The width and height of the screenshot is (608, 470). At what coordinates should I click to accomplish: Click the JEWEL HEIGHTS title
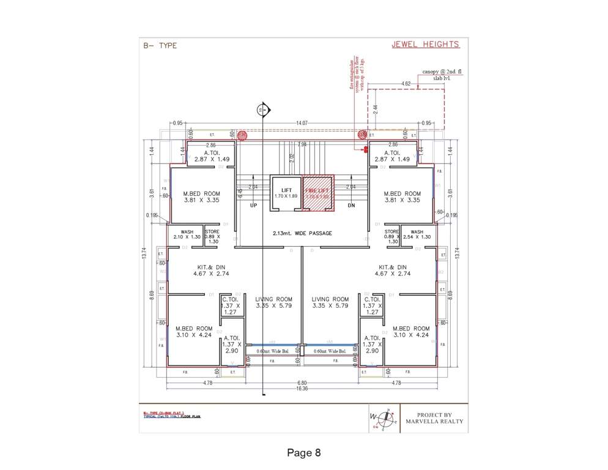coord(425,45)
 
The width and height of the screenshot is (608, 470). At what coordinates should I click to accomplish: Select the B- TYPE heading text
coord(160,46)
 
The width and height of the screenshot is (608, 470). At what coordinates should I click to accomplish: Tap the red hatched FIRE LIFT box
coord(317,193)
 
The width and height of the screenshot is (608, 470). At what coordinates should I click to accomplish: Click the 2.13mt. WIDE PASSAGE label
coord(302,233)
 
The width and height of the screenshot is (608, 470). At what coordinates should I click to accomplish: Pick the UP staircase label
coord(254,206)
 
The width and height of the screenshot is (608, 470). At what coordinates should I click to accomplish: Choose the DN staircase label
coord(351,206)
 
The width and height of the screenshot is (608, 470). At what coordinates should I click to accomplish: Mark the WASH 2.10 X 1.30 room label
coord(187,234)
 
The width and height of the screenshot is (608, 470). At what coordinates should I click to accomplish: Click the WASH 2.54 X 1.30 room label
coord(417,234)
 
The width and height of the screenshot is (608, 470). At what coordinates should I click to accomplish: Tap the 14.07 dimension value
coord(302,123)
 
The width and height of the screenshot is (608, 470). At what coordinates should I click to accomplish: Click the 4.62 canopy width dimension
coord(406,83)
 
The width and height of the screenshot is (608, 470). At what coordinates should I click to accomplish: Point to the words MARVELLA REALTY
coord(435,422)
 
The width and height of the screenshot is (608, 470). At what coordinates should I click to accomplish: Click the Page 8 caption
coord(304,453)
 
